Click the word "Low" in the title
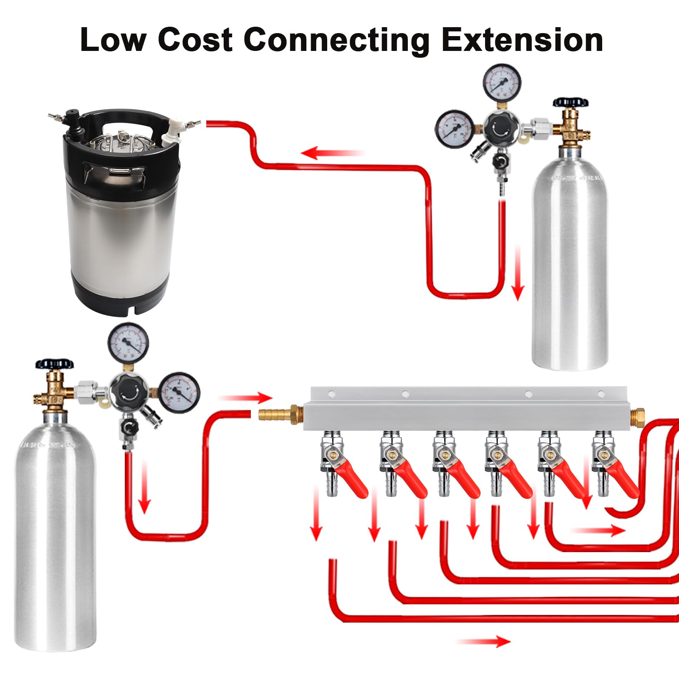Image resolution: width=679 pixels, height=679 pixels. (113, 40)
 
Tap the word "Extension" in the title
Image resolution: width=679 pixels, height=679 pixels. (522, 40)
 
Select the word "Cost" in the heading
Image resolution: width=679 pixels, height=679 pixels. (195, 40)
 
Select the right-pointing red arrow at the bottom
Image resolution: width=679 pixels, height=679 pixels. (484, 641)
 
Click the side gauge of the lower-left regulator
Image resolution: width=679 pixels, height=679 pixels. (179, 392)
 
